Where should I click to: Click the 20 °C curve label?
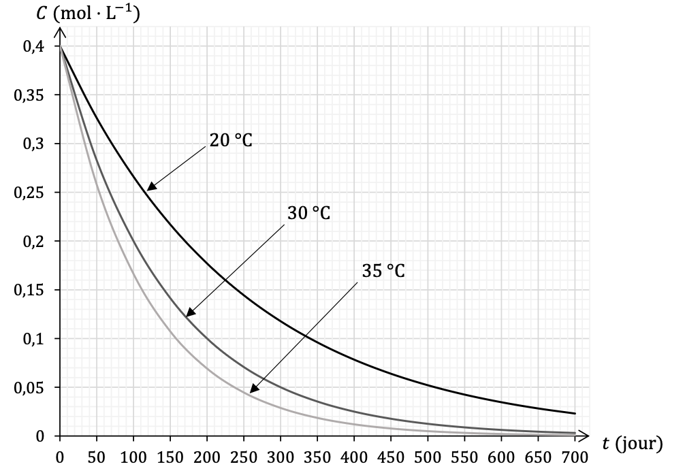point(231,142)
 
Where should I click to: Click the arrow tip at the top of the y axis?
point(60,31)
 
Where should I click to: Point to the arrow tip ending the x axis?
point(586,436)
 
